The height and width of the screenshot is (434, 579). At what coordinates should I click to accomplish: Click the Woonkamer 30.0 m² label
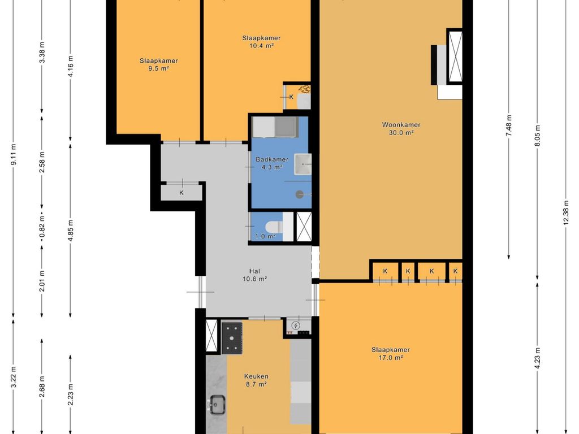(x=401, y=129)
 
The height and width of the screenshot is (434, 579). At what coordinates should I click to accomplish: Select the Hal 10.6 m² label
(x=255, y=275)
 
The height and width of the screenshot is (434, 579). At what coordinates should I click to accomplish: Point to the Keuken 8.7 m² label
(x=256, y=380)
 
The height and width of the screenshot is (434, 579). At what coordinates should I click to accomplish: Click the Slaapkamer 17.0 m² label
(x=391, y=354)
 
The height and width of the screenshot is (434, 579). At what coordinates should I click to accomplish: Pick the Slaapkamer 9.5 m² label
(x=159, y=64)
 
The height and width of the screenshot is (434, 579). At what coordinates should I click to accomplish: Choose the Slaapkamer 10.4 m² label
(x=261, y=42)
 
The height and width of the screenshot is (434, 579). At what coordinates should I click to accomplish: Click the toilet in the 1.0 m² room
(x=275, y=227)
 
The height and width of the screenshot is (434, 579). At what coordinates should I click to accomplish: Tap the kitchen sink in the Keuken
(x=218, y=405)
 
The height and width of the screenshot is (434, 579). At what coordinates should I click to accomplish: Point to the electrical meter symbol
(x=296, y=325)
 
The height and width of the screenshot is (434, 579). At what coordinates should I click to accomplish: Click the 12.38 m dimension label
(x=565, y=214)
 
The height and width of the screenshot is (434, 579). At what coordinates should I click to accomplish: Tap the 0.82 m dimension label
(x=42, y=226)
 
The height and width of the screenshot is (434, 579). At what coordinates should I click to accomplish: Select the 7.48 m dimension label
(x=509, y=125)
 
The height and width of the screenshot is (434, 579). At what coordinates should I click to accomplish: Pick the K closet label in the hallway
(x=182, y=193)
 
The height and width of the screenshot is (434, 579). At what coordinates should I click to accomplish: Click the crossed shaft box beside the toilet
(x=304, y=227)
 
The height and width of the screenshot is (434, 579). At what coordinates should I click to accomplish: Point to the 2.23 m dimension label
(x=71, y=393)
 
